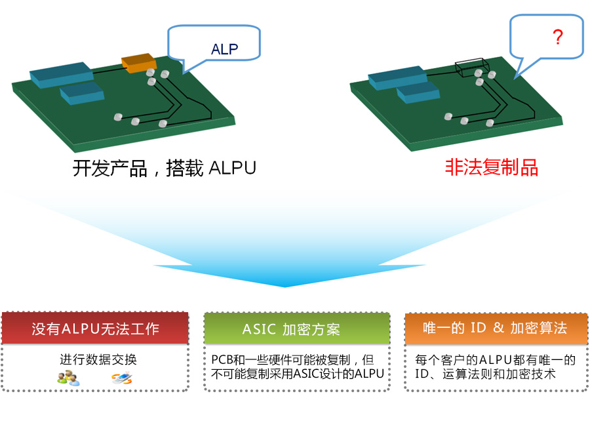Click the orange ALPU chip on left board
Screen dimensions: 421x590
[137, 62]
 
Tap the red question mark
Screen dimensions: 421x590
[558, 37]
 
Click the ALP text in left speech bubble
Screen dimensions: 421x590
[224, 49]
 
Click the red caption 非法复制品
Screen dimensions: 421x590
[492, 168]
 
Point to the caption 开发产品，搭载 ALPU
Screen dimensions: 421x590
[164, 169]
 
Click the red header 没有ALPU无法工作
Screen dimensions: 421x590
[96, 329]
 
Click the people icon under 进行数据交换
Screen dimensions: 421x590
[68, 378]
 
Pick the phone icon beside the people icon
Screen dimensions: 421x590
[121, 378]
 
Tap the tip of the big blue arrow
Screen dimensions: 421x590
[286, 286]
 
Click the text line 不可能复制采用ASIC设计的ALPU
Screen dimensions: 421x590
[297, 374]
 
